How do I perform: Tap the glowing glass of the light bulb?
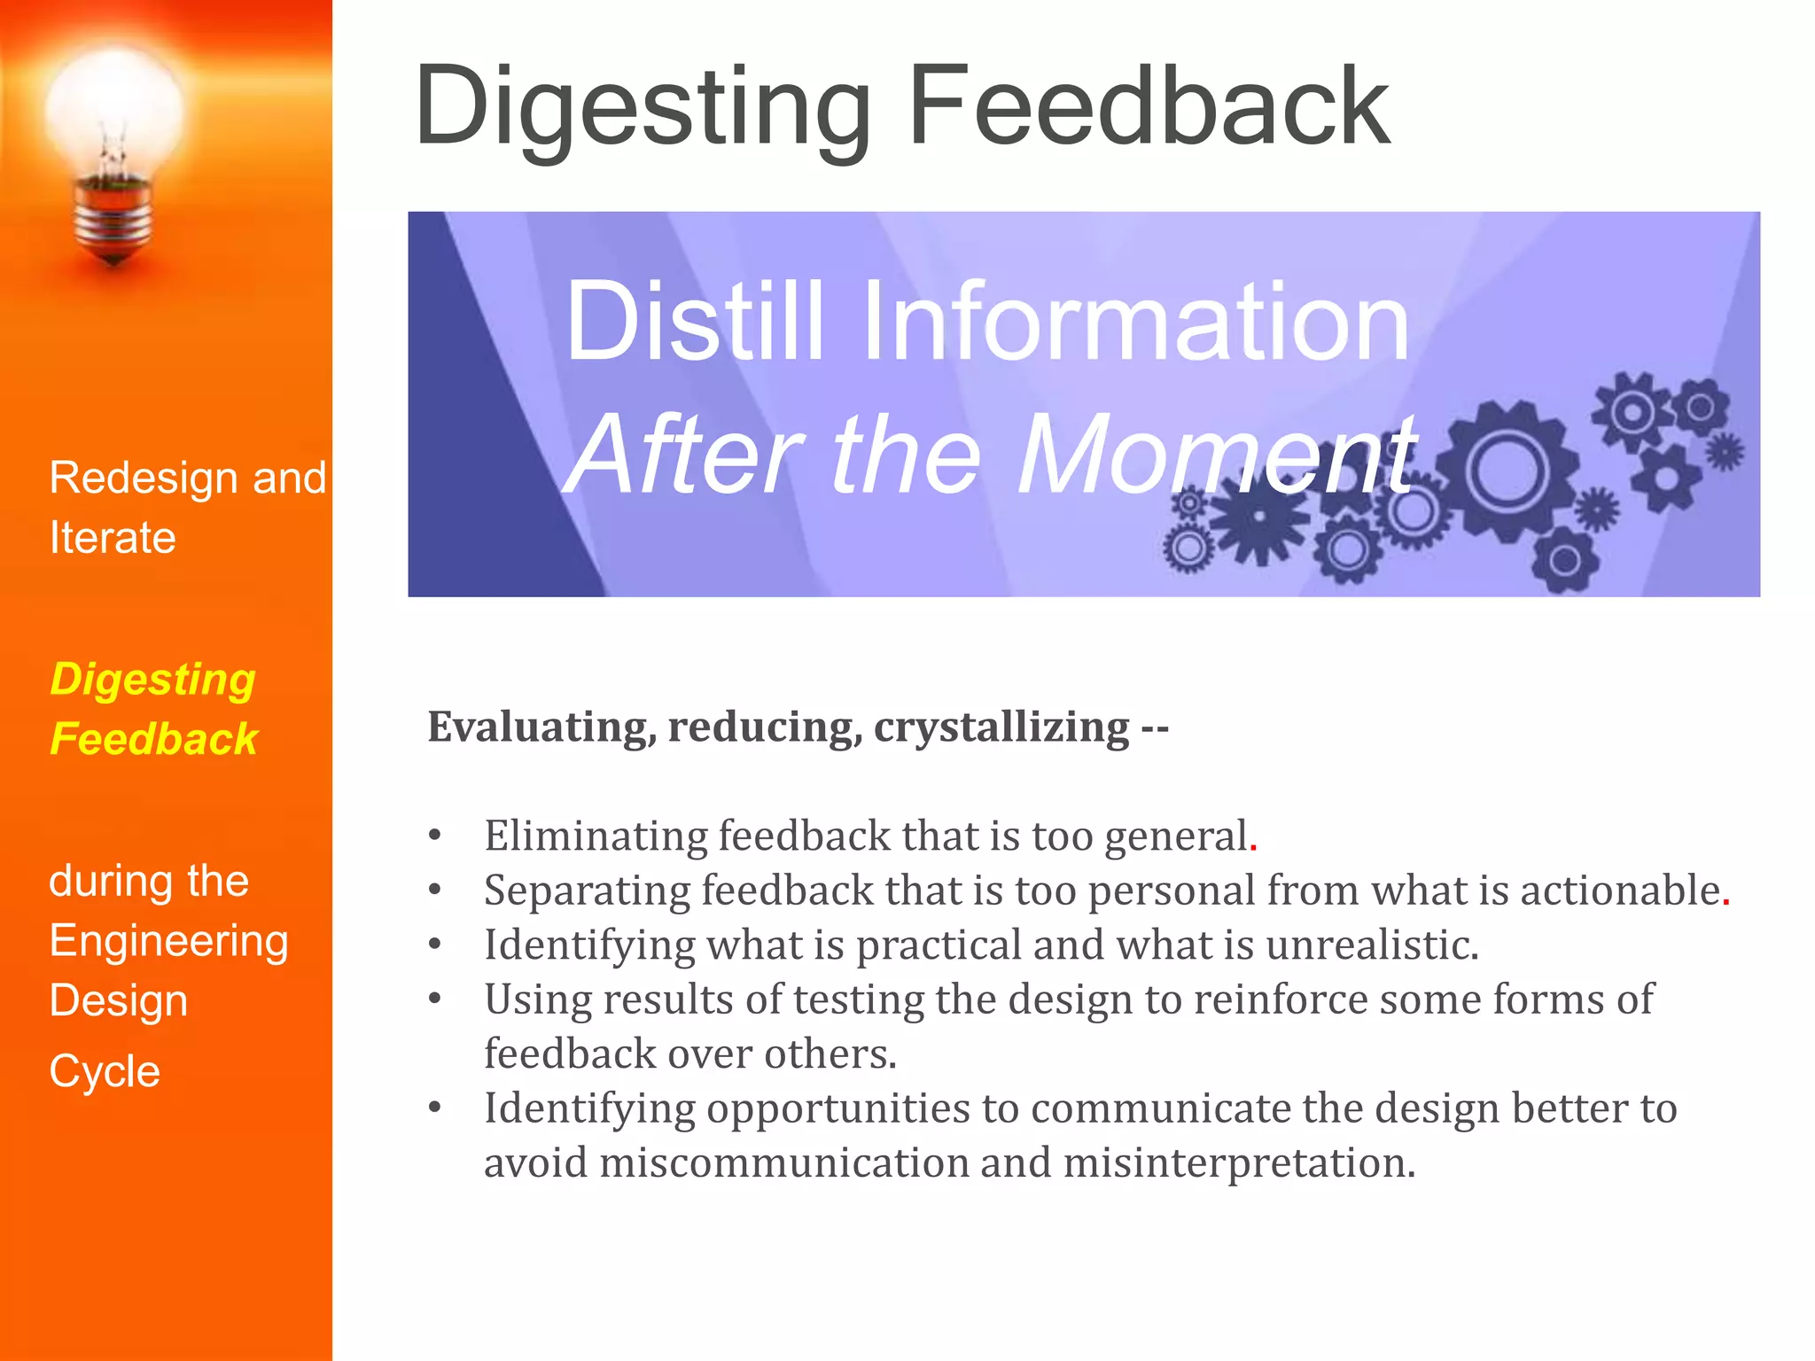113,111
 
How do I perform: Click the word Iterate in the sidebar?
113,538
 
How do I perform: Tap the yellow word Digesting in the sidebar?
152,680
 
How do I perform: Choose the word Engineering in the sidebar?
168,941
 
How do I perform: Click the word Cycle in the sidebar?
105,1071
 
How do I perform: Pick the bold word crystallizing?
1001,727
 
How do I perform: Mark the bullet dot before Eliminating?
434,835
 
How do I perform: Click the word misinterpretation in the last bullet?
1239,1163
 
